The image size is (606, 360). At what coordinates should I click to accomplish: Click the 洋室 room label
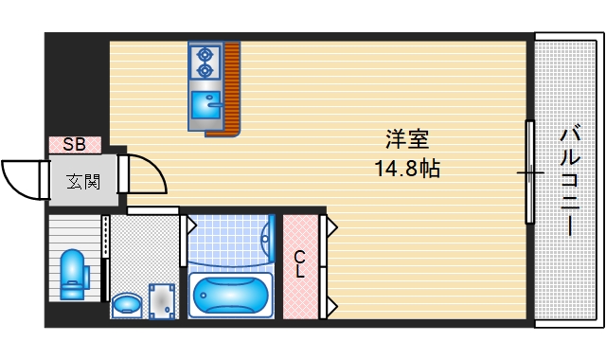pos(408,140)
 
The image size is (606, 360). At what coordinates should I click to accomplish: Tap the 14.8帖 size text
pos(408,171)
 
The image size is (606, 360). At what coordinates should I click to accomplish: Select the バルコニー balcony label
pos(568,180)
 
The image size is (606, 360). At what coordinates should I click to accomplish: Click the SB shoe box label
pos(75,145)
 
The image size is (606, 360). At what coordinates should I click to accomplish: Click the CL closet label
pos(299,263)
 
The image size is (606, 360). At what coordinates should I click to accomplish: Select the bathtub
pos(230,296)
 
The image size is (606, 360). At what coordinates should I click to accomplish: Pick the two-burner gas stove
pos(204,63)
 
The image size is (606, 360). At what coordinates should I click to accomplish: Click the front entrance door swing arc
pos(23,178)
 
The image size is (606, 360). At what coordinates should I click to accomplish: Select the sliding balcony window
pos(530,172)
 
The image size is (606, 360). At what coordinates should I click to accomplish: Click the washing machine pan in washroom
pos(162,299)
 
